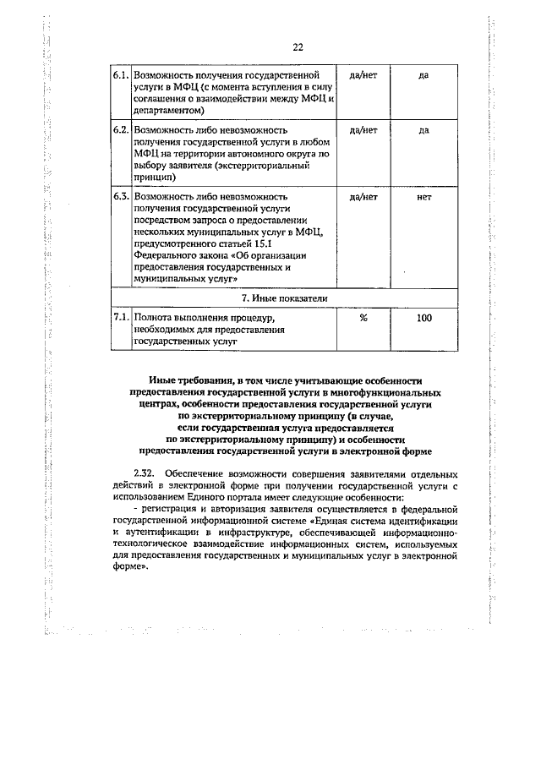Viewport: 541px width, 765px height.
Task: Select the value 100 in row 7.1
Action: (x=424, y=319)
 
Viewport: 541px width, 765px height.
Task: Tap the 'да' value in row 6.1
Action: (x=424, y=75)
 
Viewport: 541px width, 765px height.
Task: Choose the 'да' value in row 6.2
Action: (x=424, y=131)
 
